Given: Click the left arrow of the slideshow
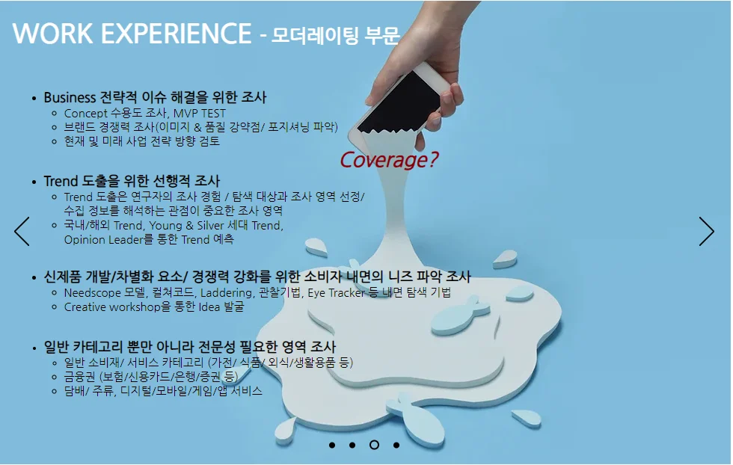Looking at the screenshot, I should [22, 232].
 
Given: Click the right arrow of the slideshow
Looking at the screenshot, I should [707, 232].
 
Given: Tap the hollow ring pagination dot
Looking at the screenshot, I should [374, 445].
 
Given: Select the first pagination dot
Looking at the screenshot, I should [331, 445].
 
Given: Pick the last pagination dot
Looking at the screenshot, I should [396, 445].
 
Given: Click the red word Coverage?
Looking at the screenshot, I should [389, 160].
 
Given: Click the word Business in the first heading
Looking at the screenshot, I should [70, 98].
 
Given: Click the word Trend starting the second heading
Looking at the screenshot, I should [61, 182].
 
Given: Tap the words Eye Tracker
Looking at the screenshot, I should [336, 292].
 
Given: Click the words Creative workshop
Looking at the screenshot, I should [112, 307].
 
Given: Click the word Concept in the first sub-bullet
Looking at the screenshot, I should [86, 114].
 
